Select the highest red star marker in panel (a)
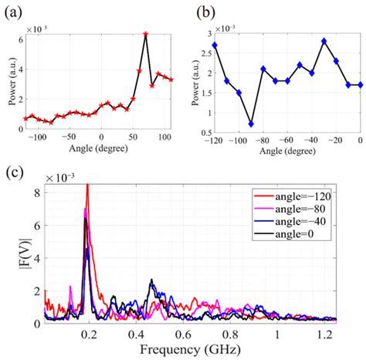pyautogui.click(x=145, y=34)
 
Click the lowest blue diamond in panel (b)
pyautogui.click(x=252, y=124)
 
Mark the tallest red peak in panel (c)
pyautogui.click(x=87, y=185)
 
